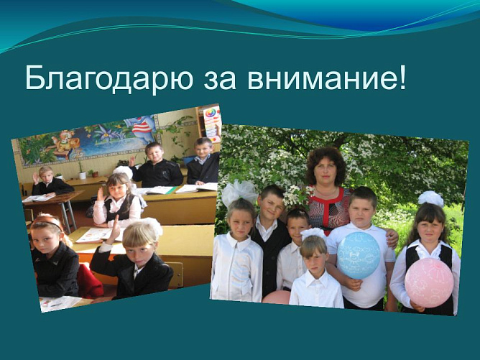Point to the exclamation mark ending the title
(x=401, y=76)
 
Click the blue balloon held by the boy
(x=358, y=254)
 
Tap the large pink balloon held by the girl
(x=429, y=282)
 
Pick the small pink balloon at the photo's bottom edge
(x=277, y=297)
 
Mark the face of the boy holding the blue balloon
(x=364, y=208)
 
